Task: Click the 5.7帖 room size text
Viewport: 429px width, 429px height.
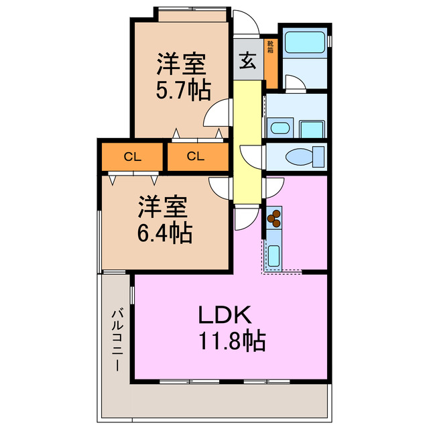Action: click(182, 90)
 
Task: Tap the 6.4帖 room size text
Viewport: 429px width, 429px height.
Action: click(165, 233)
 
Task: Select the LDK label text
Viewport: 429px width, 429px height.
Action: click(224, 315)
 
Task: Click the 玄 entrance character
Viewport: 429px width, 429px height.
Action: click(246, 60)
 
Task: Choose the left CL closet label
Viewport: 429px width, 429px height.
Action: click(133, 158)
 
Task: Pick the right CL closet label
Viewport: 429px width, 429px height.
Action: click(195, 158)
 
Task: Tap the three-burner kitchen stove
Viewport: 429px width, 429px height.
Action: click(274, 217)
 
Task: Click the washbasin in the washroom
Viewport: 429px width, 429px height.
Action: click(280, 128)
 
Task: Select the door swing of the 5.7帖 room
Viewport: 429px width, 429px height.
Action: click(216, 114)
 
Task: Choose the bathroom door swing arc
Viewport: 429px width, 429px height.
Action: click(293, 83)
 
